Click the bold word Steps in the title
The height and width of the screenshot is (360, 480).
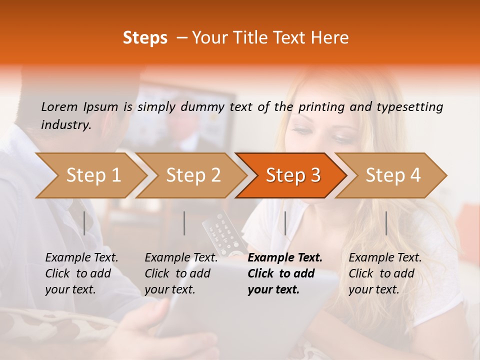click(x=145, y=38)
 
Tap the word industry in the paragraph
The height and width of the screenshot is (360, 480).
click(x=65, y=125)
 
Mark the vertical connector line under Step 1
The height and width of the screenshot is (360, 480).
click(x=84, y=223)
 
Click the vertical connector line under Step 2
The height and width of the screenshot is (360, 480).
click(x=184, y=223)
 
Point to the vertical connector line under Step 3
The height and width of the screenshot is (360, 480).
click(x=285, y=223)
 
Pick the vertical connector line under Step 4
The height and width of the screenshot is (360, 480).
click(x=386, y=223)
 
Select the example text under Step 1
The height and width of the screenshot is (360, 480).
click(x=81, y=273)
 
